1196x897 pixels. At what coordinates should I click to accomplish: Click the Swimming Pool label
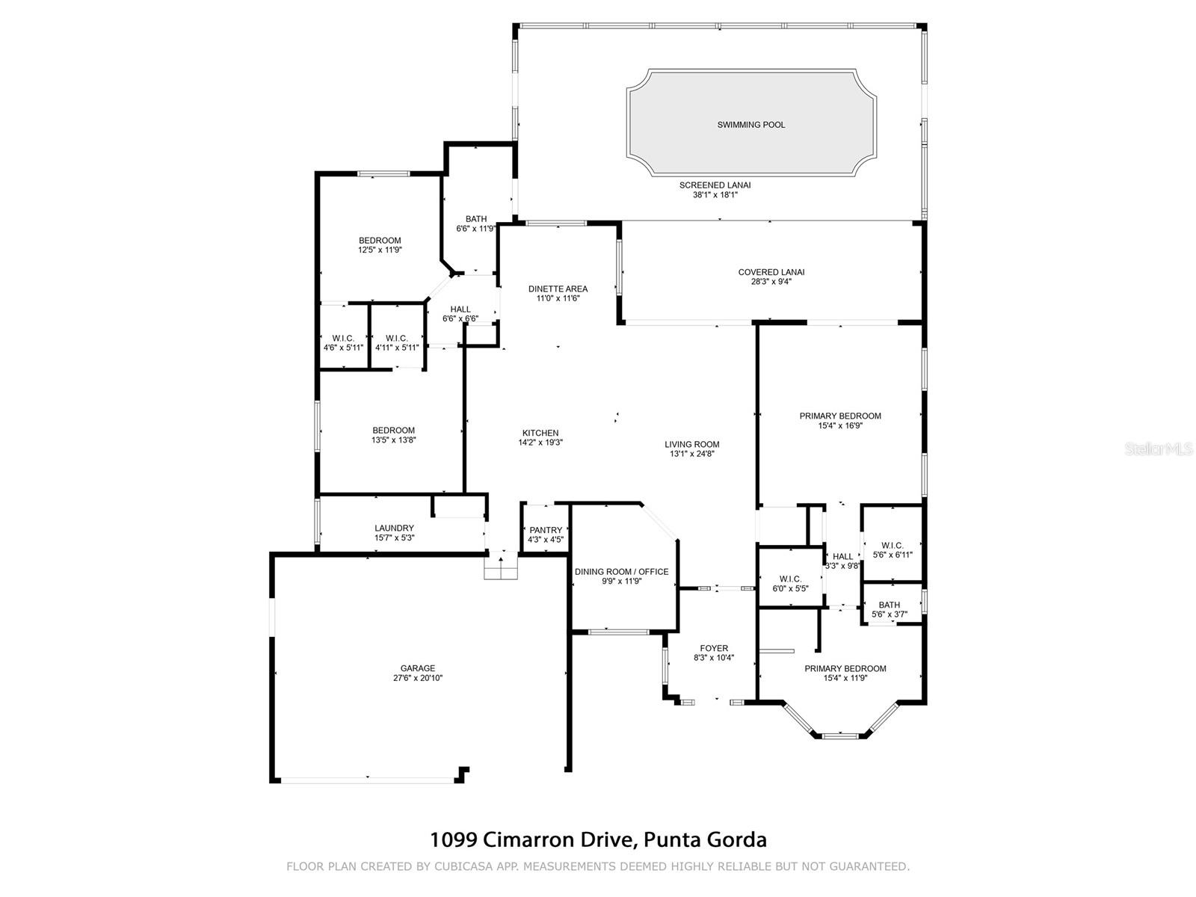click(x=751, y=125)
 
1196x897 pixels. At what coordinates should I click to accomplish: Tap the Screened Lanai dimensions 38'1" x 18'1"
click(x=715, y=195)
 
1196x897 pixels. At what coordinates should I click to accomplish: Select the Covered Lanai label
click(x=771, y=272)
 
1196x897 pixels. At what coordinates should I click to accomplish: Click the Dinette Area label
click(x=558, y=289)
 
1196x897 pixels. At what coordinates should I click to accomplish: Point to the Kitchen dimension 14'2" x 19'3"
click(x=540, y=443)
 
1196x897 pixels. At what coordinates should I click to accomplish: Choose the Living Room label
click(x=692, y=444)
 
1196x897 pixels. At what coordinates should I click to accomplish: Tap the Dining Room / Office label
click(x=621, y=572)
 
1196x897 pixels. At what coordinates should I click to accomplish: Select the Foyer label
click(x=714, y=649)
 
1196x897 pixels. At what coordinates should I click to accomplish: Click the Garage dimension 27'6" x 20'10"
click(x=418, y=679)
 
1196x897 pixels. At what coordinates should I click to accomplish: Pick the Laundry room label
click(x=394, y=528)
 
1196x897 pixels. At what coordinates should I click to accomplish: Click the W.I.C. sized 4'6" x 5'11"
click(x=344, y=343)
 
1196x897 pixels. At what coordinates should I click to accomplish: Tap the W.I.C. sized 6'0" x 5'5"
click(x=790, y=584)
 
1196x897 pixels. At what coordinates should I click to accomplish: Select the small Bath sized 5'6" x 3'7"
click(x=890, y=610)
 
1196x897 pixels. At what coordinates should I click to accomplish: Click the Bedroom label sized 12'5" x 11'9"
click(x=380, y=241)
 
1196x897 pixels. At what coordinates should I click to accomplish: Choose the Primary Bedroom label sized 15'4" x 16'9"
click(x=840, y=416)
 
